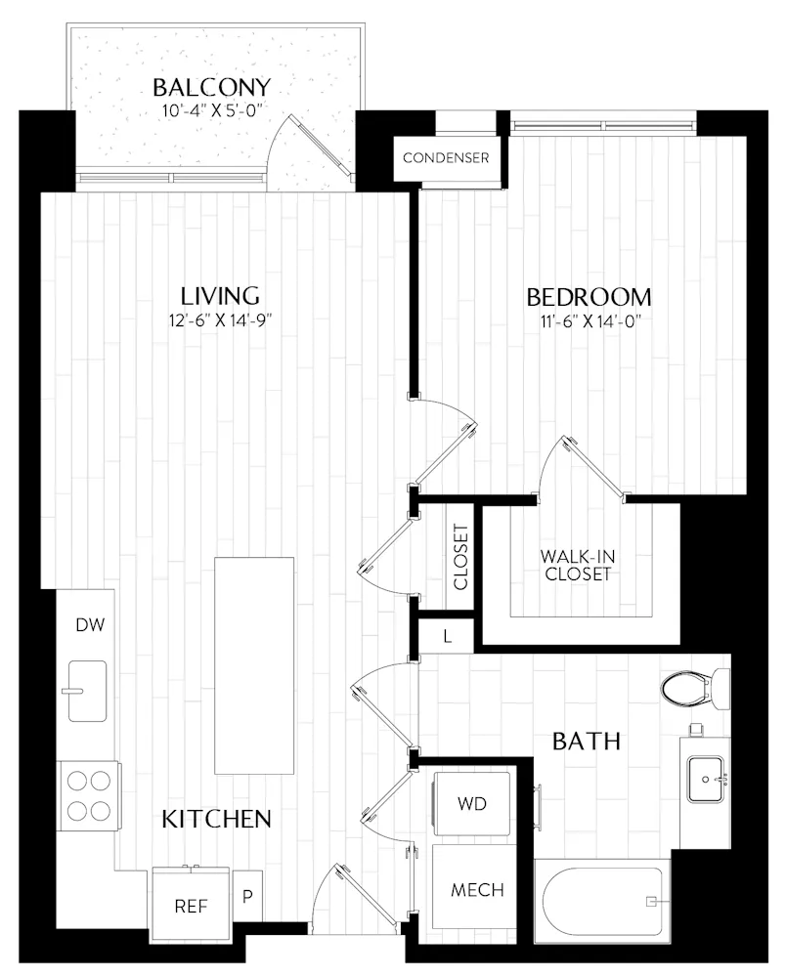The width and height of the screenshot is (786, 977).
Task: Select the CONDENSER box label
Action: pos(446,157)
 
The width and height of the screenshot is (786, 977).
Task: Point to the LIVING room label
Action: pos(221,294)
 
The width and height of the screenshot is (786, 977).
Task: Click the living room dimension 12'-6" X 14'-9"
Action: pos(221,319)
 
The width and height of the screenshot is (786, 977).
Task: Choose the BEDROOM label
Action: pos(589,297)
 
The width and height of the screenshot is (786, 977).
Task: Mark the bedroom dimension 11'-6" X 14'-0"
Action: pos(589,320)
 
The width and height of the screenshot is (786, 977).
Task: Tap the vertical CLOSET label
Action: pos(461,558)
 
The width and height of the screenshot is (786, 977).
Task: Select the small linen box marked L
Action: pos(447,636)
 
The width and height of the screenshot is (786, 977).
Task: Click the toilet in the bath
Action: pos(694,688)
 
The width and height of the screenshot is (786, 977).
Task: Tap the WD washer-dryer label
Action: pos(472,803)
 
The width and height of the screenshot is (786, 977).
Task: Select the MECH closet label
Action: pos(477,890)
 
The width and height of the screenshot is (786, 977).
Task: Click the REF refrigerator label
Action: pos(191,906)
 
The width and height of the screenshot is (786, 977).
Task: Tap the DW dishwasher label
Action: pos(90,625)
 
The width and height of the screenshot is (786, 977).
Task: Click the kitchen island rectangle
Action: pos(253,665)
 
